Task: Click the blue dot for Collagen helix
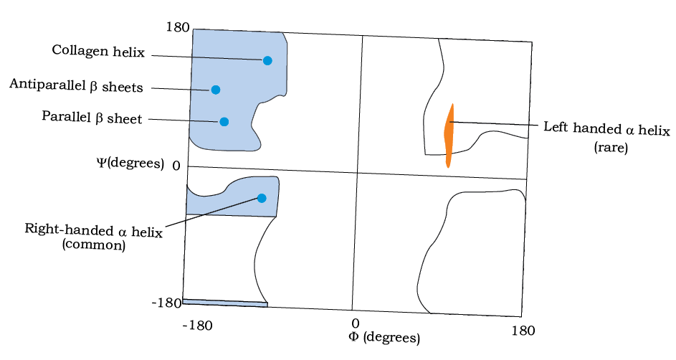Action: [x=267, y=61]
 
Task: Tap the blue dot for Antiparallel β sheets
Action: [x=216, y=90]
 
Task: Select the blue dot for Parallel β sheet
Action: [x=224, y=122]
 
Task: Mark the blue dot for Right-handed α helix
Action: [x=262, y=198]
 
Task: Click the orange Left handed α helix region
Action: [x=449, y=136]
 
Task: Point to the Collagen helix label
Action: [x=98, y=51]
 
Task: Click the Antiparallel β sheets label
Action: [x=76, y=85]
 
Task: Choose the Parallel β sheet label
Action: [x=92, y=118]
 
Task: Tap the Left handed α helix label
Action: [x=606, y=129]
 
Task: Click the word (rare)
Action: [x=611, y=148]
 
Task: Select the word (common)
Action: [x=94, y=245]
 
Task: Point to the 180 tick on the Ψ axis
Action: [x=178, y=27]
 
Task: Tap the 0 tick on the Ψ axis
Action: [x=176, y=166]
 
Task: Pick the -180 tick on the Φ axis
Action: [x=197, y=325]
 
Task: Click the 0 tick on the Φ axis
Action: [x=355, y=323]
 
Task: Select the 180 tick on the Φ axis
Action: [x=523, y=331]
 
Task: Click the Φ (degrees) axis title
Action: [x=384, y=337]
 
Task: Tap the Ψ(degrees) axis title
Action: [x=130, y=164]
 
